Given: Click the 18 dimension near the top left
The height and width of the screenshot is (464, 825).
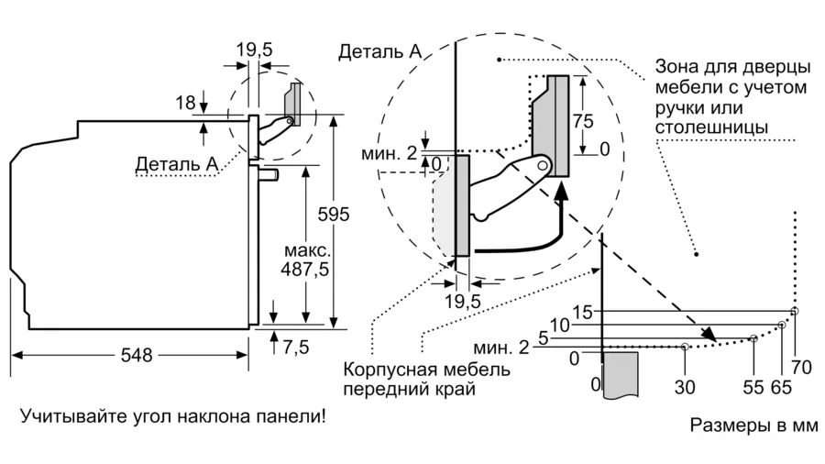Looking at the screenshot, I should pyautogui.click(x=185, y=103).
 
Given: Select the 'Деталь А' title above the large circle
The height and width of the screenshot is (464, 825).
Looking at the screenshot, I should pyautogui.click(x=379, y=51).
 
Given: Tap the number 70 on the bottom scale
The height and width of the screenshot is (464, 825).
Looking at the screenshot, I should pyautogui.click(x=801, y=369).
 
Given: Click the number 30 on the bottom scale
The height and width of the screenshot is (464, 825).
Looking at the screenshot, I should pyautogui.click(x=685, y=387).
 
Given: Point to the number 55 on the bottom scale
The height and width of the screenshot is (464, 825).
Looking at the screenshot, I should pyautogui.click(x=753, y=387).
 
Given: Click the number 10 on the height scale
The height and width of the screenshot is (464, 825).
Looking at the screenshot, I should pyautogui.click(x=560, y=324).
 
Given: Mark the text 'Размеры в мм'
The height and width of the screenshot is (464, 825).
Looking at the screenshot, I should pyautogui.click(x=753, y=426).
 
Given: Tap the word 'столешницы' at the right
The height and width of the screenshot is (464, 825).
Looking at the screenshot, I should pyautogui.click(x=712, y=127).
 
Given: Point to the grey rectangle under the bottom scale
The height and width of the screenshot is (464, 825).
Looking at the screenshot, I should pyautogui.click(x=621, y=376).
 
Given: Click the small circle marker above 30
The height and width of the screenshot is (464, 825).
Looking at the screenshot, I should pyautogui.click(x=686, y=347).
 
